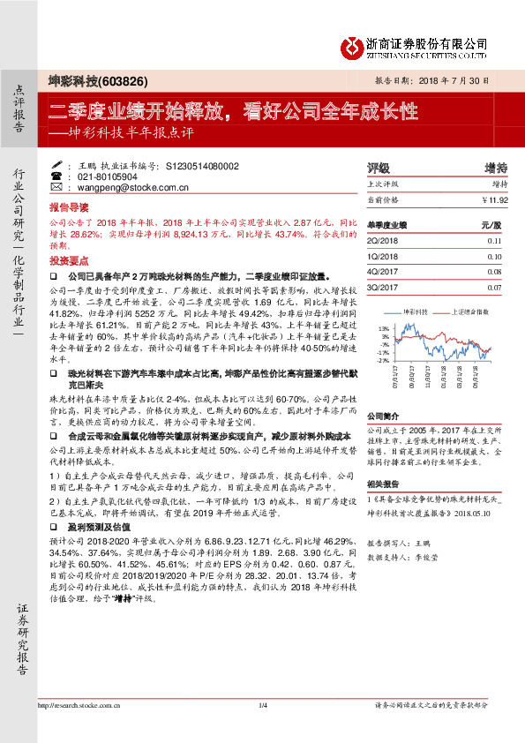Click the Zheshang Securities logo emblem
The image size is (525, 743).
(x=355, y=44)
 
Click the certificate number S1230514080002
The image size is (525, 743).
(x=190, y=165)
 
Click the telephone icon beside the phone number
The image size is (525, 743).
(x=56, y=176)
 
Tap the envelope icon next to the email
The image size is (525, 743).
(x=56, y=188)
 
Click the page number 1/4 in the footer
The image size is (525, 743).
(x=262, y=729)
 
